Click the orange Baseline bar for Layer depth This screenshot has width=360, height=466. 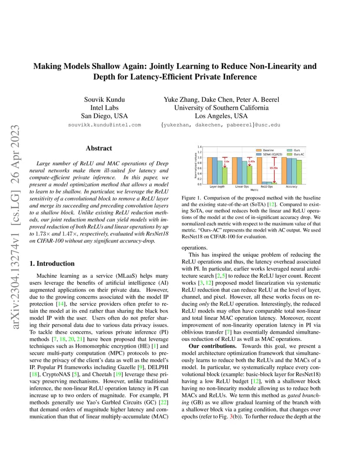pos(209,171)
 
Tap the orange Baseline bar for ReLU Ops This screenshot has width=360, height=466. pos(259,171)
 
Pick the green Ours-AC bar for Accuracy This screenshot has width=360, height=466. pos(299,172)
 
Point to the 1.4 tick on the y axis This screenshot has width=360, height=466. pos(200,147)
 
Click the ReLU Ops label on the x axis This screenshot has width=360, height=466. pos(267,187)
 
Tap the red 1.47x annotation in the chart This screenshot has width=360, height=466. pos(251,161)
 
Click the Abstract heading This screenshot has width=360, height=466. pos(99,148)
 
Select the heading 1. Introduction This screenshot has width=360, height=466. pos(51,263)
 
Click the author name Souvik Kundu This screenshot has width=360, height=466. pos(104,100)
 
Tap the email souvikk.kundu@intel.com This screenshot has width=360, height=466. pos(104,125)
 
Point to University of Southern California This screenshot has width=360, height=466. pos(221,108)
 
